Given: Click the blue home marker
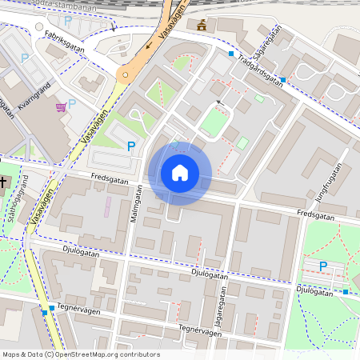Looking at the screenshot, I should point(180,173).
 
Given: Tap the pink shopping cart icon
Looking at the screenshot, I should point(61,106).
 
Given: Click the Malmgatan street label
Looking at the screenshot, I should point(137,206).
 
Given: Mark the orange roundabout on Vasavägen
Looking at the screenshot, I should point(123,75).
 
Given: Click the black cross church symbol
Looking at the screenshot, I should point(3,182).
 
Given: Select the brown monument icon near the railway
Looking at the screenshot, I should point(202,25).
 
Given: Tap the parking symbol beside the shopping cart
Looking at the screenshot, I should point(72,103).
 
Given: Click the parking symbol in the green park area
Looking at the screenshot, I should point(323,266).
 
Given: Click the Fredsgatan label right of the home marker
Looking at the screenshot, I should point(314,214).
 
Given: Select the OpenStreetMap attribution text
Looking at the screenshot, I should point(80,354).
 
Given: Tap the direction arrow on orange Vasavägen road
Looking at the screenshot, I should point(150,46).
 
